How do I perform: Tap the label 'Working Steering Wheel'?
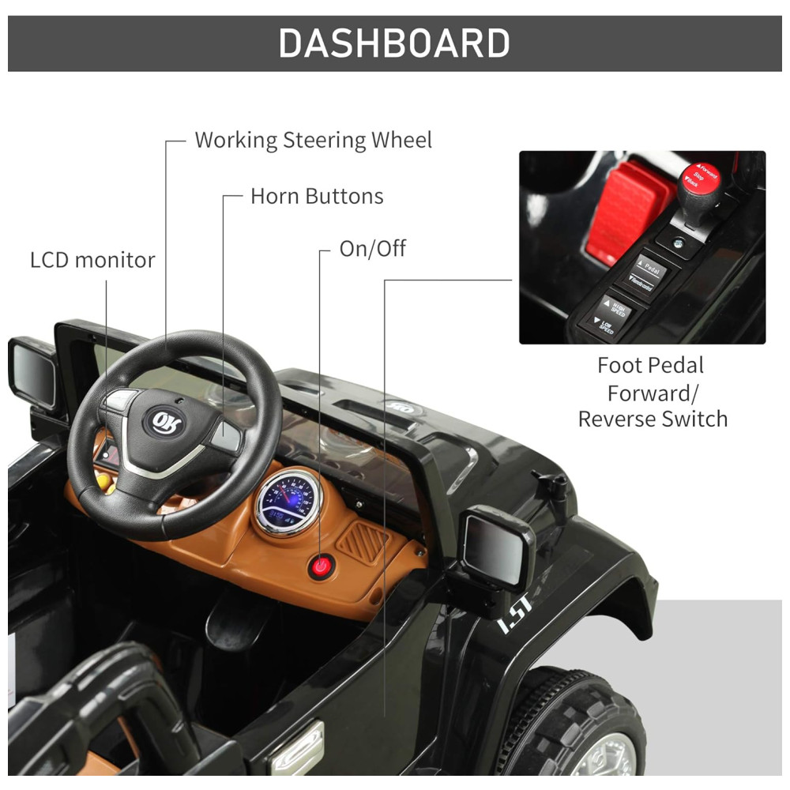pyautogui.click(x=313, y=141)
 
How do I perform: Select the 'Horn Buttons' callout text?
pyautogui.click(x=317, y=196)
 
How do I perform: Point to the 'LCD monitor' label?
pyautogui.click(x=92, y=260)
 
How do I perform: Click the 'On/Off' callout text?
pyautogui.click(x=372, y=249)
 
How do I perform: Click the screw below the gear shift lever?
pyautogui.click(x=679, y=243)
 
